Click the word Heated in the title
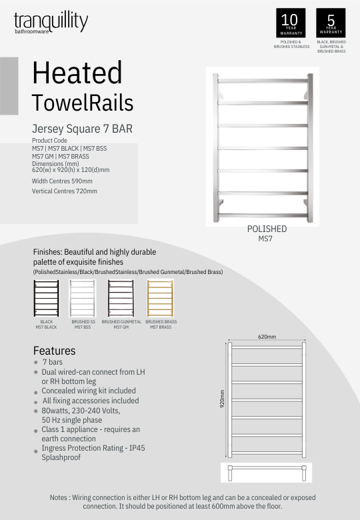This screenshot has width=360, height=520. (x=77, y=73)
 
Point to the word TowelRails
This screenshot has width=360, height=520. (x=83, y=103)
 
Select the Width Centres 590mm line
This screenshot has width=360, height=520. (x=62, y=181)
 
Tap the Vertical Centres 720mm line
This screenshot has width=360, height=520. (x=65, y=191)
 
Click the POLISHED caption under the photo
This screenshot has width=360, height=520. (x=267, y=229)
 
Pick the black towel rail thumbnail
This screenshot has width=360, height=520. (x=46, y=298)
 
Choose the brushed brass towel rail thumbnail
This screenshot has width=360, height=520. (x=160, y=298)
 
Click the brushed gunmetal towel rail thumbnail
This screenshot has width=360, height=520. (x=121, y=298)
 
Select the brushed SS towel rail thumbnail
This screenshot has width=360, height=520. (x=83, y=298)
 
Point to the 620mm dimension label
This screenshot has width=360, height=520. (x=267, y=337)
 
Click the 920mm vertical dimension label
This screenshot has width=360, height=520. (x=222, y=399)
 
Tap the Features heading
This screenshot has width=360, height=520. (x=55, y=351)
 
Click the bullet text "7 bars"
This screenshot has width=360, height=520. (x=53, y=362)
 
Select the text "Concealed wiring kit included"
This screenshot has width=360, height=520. (x=89, y=391)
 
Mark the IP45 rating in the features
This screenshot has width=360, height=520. (x=136, y=449)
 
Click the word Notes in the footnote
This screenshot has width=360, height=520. (x=60, y=497)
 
